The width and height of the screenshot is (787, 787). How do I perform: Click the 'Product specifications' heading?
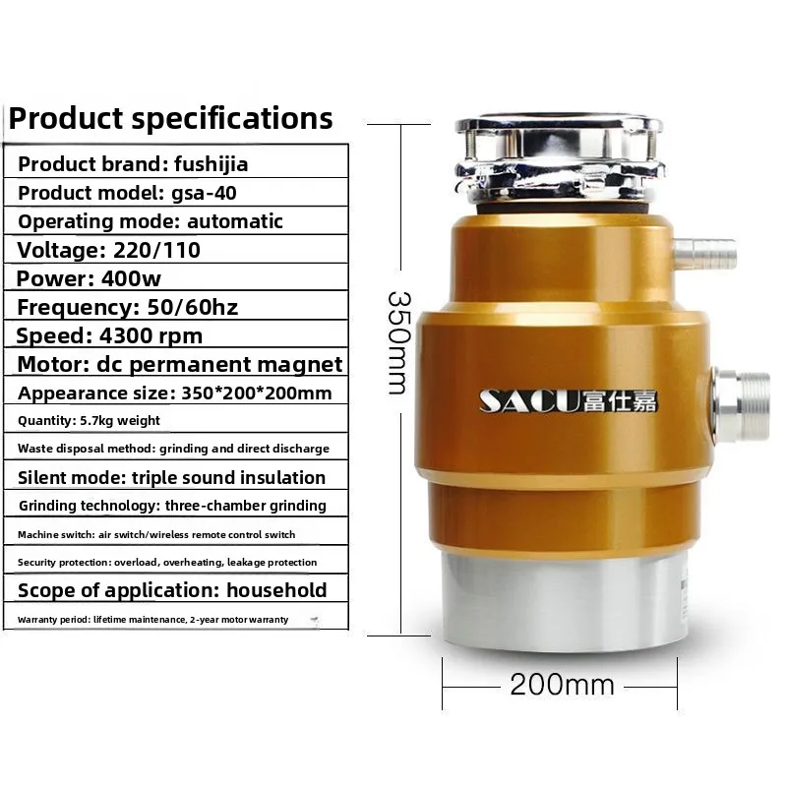pyautogui.click(x=170, y=119)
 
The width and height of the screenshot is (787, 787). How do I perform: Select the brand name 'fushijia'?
pyautogui.click(x=211, y=164)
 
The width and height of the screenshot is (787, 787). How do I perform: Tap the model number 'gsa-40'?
pyautogui.click(x=204, y=193)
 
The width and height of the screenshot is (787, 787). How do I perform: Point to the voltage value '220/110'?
pyautogui.click(x=157, y=250)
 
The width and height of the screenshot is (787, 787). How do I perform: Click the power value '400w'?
pyautogui.click(x=131, y=278)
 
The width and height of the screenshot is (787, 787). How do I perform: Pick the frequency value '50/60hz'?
pyautogui.click(x=192, y=307)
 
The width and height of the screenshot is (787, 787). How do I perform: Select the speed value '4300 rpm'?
pyautogui.click(x=151, y=335)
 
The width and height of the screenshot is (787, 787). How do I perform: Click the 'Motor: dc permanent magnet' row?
pyautogui.click(x=180, y=364)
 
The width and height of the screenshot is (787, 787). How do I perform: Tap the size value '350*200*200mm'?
pyautogui.click(x=257, y=393)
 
